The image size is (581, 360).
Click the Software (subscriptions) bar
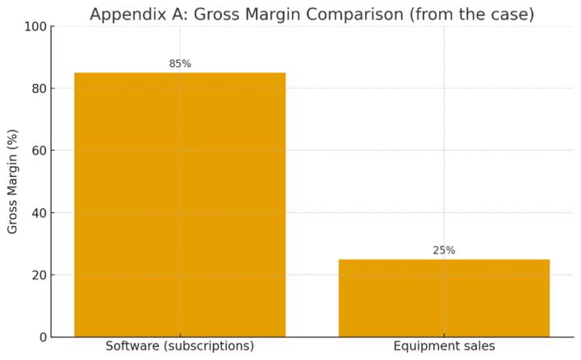click(x=179, y=204)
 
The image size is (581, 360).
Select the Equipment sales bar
click(x=444, y=298)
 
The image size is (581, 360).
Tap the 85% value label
click(x=180, y=64)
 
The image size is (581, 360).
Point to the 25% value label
click(x=444, y=250)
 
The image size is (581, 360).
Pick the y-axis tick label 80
click(x=37, y=89)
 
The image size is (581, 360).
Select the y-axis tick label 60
click(x=37, y=151)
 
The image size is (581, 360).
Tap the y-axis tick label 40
click(x=37, y=213)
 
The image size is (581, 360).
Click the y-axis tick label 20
click(x=37, y=275)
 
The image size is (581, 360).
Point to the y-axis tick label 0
click(x=41, y=337)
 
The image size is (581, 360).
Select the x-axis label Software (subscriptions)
click(x=179, y=346)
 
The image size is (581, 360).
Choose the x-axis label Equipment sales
click(x=444, y=346)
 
